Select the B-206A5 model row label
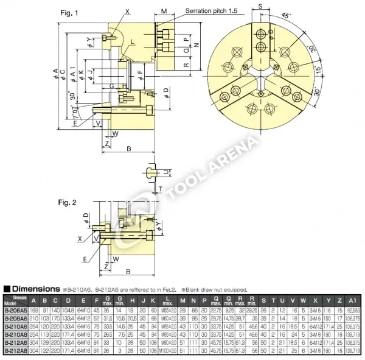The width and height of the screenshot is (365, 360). (16, 310)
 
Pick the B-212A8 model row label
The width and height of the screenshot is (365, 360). (16, 351)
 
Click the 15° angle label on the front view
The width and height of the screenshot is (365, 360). (317, 71)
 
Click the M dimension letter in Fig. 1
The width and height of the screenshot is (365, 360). (165, 12)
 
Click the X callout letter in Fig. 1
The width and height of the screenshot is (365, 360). (127, 12)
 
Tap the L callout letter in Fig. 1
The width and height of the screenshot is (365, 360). (133, 42)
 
